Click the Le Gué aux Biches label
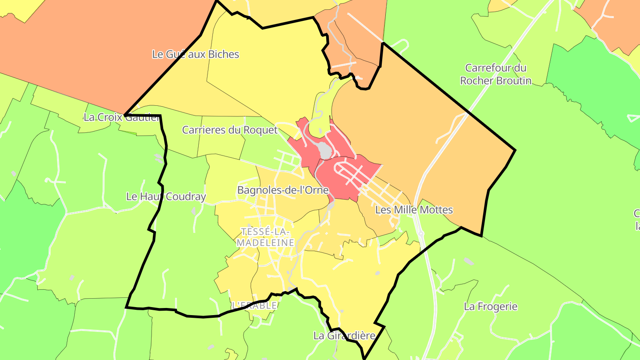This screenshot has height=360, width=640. (195, 55)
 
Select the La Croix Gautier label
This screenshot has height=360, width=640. (121, 118)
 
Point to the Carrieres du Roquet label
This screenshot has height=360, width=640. (229, 130)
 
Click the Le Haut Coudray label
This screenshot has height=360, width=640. (166, 196)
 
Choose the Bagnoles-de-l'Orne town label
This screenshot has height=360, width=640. (283, 190)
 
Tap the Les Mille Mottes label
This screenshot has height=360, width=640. (414, 210)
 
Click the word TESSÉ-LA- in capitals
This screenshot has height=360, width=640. (265, 232)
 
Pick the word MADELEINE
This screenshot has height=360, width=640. (265, 243)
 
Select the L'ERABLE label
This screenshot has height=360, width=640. (255, 305)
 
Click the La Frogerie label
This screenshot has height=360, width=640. (491, 307)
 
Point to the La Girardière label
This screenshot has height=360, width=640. (344, 336)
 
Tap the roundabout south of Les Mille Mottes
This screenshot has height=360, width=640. (421, 233)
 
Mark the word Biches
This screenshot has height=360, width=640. (224, 55)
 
